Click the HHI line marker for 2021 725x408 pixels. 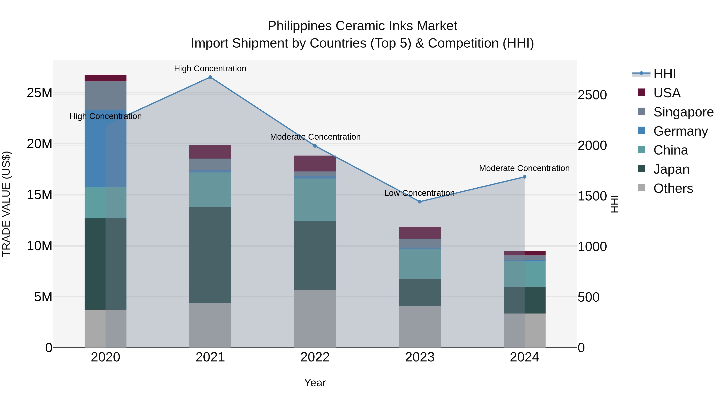click(210, 77)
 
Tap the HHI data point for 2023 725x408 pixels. click(420, 202)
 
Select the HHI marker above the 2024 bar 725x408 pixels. click(524, 177)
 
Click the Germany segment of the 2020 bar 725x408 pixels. click(106, 148)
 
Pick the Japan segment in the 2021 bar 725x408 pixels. click(210, 255)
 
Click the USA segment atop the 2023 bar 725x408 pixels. click(420, 233)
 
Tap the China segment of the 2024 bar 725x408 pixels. click(524, 274)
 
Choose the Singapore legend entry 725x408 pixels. click(683, 112)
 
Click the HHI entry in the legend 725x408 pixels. click(664, 74)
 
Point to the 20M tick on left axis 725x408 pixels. click(39, 144)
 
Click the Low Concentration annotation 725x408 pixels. click(419, 193)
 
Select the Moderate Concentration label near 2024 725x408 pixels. click(524, 168)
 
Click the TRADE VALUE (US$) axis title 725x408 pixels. click(6, 204)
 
